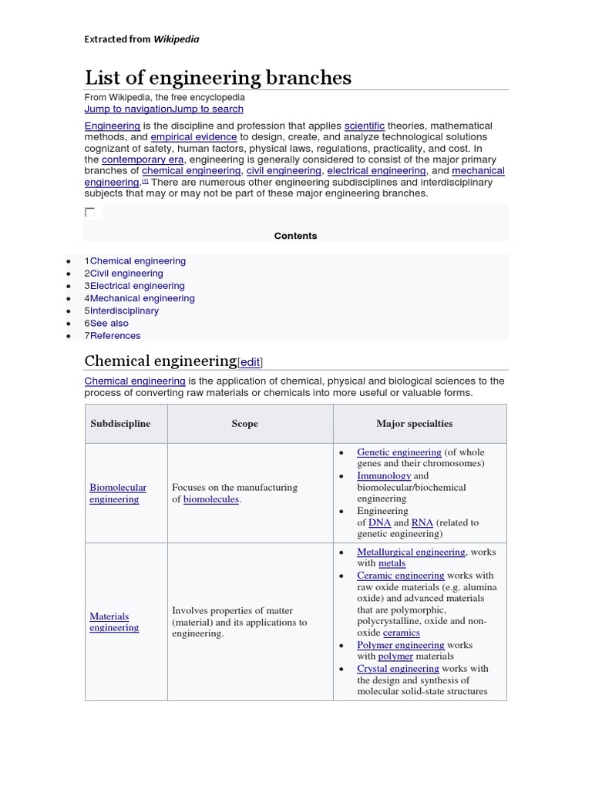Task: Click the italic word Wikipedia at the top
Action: click(177, 39)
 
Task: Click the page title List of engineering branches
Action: click(217, 78)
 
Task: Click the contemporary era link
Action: click(143, 159)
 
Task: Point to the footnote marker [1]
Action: click(144, 181)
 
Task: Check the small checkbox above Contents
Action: click(90, 212)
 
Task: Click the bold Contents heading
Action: click(295, 236)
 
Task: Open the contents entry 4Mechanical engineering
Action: click(140, 298)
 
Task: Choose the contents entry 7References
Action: click(113, 335)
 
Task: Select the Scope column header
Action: click(244, 424)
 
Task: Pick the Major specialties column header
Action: click(414, 424)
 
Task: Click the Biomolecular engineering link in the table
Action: click(117, 493)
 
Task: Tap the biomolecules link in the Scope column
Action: click(210, 499)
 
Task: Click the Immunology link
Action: click(383, 476)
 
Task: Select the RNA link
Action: click(422, 522)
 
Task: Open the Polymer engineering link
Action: click(400, 645)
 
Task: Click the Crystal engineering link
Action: click(398, 669)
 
